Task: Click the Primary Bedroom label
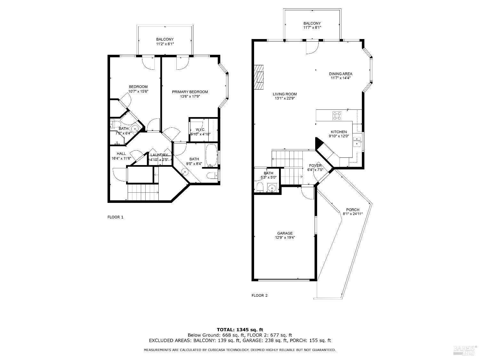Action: tap(190, 92)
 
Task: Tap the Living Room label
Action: tap(284, 94)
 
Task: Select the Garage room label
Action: tap(285, 233)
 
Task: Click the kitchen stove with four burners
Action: tap(337, 116)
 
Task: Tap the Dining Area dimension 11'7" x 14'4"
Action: tap(340, 78)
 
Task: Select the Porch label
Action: tap(353, 210)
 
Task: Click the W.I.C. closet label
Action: tap(200, 129)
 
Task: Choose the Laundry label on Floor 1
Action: tap(159, 155)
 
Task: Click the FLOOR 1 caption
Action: tap(115, 217)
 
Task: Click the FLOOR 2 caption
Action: tap(259, 295)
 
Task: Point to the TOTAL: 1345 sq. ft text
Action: tap(240, 329)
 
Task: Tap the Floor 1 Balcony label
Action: tap(165, 39)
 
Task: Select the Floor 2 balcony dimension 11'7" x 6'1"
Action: tap(312, 28)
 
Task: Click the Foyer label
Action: tap(315, 165)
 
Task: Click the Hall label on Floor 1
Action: tap(121, 154)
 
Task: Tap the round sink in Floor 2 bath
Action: tap(272, 188)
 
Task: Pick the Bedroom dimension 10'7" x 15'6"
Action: tap(138, 91)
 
